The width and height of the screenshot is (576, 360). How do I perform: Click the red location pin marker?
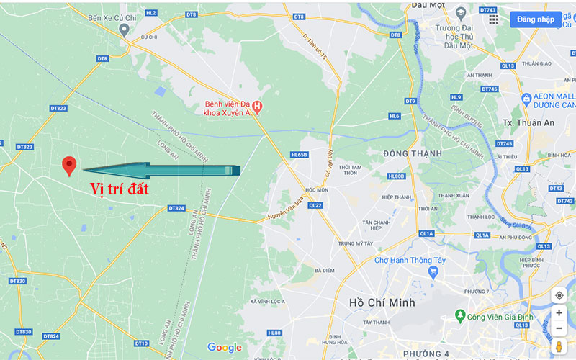point(69,165)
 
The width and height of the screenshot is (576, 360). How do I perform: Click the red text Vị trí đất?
point(119,189)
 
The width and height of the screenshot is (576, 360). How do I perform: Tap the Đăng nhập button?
point(535,19)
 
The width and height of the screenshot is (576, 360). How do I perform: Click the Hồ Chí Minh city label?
point(381,302)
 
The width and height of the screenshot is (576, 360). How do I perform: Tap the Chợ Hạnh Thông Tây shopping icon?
point(433,271)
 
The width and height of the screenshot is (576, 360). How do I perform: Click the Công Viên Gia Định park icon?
point(459,315)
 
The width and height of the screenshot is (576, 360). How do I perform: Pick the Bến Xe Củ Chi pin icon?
point(124,30)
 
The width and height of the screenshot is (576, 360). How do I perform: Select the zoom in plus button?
point(559,313)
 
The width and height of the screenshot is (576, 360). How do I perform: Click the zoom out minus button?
point(559,328)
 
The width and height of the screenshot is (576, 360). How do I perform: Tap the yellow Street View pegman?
point(559,348)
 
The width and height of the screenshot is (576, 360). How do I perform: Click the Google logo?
point(225,348)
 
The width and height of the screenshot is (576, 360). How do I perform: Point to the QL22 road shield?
point(315,204)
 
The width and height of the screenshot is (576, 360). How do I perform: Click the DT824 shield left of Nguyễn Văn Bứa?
point(176,208)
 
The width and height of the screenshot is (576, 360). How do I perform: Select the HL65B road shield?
point(299,154)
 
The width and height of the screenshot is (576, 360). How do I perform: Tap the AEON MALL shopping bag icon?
point(527,98)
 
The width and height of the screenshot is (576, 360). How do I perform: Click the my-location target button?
point(559,295)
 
